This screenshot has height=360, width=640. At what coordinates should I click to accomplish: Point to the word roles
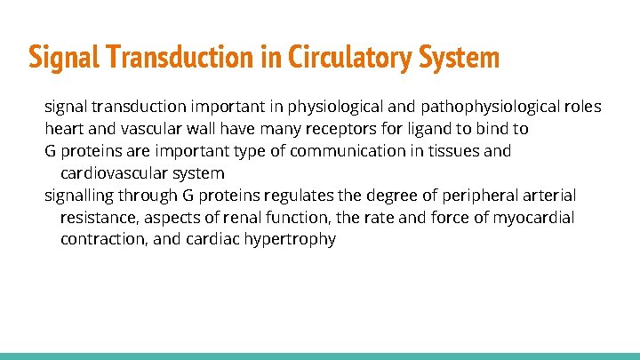tap(581, 107)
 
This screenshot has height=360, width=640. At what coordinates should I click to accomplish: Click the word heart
tap(64, 129)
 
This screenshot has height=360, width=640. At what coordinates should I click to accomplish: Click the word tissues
tap(451, 151)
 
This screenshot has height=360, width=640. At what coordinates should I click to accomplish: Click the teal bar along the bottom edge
tap(320, 356)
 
